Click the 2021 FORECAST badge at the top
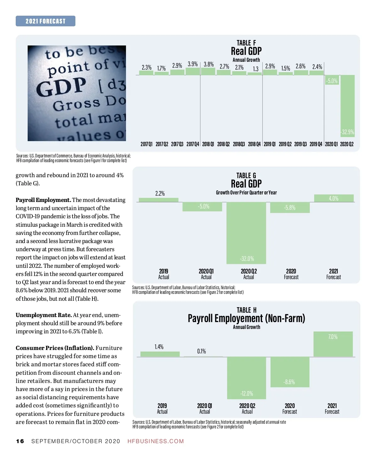point(46,21)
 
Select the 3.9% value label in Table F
point(193,64)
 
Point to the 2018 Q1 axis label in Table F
point(208,144)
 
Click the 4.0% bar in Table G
point(334,198)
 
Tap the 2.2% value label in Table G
point(160,193)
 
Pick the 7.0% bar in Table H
point(333,344)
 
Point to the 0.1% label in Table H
point(202,351)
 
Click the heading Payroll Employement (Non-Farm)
point(246,318)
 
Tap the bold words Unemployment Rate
point(44,315)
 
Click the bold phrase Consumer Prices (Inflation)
point(55,348)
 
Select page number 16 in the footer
point(20,441)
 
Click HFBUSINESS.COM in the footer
point(156,441)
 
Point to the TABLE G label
point(246,175)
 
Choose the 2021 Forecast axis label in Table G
point(333,274)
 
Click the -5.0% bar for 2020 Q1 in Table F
point(332,81)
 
